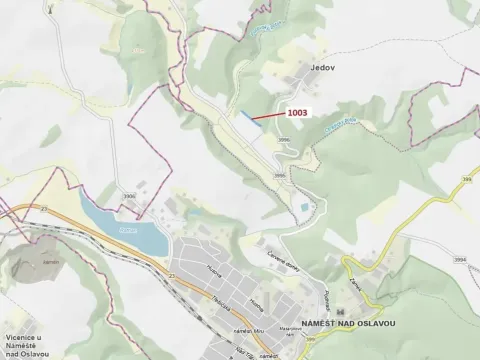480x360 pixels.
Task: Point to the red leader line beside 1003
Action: point(268,118)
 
